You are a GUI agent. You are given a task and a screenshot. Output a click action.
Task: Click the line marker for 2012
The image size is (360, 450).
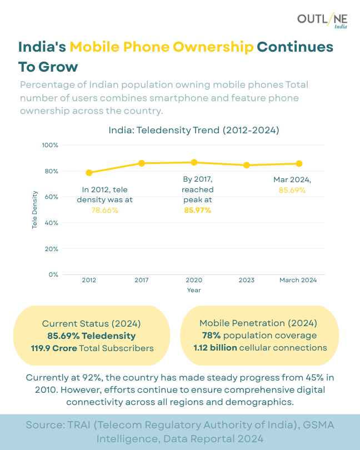[x=89, y=173]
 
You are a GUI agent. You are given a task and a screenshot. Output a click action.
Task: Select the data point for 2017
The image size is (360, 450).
[x=142, y=163]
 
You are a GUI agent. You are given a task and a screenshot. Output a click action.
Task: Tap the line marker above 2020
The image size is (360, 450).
[x=194, y=162]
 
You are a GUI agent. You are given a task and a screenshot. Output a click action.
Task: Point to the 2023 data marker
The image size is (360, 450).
[x=247, y=165]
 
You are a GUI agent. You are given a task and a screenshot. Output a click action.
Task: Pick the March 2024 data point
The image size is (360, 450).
[x=299, y=163]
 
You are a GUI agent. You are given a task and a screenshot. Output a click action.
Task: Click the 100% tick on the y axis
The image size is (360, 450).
[x=51, y=145]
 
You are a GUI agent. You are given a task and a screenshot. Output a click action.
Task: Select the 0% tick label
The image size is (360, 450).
[x=53, y=274]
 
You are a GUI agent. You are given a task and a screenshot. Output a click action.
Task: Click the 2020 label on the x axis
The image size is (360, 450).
[x=194, y=280]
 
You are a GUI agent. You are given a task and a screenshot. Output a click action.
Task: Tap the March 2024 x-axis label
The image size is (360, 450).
[x=298, y=280]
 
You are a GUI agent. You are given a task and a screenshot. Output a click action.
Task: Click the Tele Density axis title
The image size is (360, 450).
[x=34, y=210]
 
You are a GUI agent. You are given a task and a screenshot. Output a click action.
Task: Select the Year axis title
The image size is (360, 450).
[x=194, y=290]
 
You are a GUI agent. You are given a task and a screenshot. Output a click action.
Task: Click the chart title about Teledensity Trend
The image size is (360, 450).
[x=193, y=131]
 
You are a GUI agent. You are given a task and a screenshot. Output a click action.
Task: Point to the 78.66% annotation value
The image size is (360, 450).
[x=104, y=210]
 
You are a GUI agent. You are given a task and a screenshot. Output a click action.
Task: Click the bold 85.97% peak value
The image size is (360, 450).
[x=197, y=210]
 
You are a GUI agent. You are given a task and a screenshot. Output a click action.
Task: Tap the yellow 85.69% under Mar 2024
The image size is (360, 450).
[x=292, y=190]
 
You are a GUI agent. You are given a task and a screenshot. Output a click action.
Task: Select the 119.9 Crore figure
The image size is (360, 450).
[x=54, y=348]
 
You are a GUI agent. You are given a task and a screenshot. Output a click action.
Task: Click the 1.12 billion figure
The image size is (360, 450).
[x=215, y=348]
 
